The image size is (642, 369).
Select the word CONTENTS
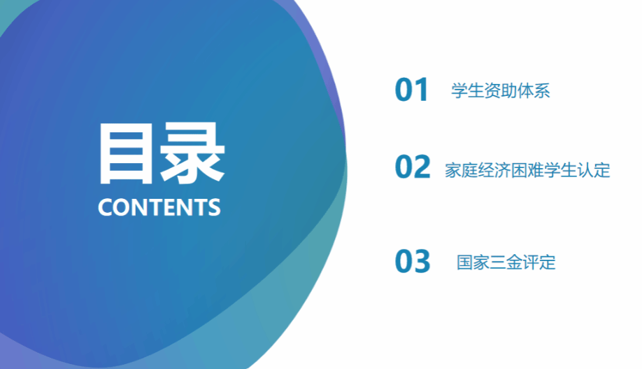pos(159,207)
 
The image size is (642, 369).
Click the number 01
pos(411,90)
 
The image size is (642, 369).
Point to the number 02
pos(413,167)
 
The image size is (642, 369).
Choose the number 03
pos(413,261)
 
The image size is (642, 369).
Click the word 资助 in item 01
pos(500,90)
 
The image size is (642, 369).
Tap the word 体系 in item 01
pos(533,90)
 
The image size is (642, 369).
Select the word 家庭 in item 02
pos(462,170)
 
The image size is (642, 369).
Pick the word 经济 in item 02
pos(494,170)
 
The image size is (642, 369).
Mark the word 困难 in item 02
pos(527,170)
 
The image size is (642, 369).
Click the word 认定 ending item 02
pos(594,170)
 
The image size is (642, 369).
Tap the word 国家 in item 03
pos(473,263)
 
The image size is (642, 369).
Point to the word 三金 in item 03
pos(506,263)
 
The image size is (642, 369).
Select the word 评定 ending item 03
pos(538,263)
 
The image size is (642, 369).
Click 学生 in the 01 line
pos(468,90)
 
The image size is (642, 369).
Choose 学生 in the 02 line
pos(560,170)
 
